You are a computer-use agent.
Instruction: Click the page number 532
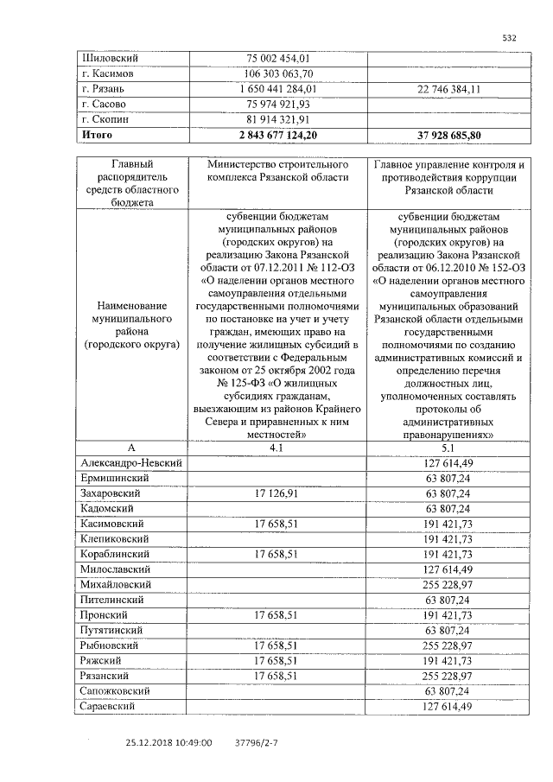510,37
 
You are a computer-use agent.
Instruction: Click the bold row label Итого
96,135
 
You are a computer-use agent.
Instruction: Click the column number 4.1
277,448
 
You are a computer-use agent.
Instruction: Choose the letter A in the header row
131,448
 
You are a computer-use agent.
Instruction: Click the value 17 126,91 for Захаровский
277,493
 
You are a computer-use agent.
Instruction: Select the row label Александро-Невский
130,463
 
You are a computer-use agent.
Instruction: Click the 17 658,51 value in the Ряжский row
277,660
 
